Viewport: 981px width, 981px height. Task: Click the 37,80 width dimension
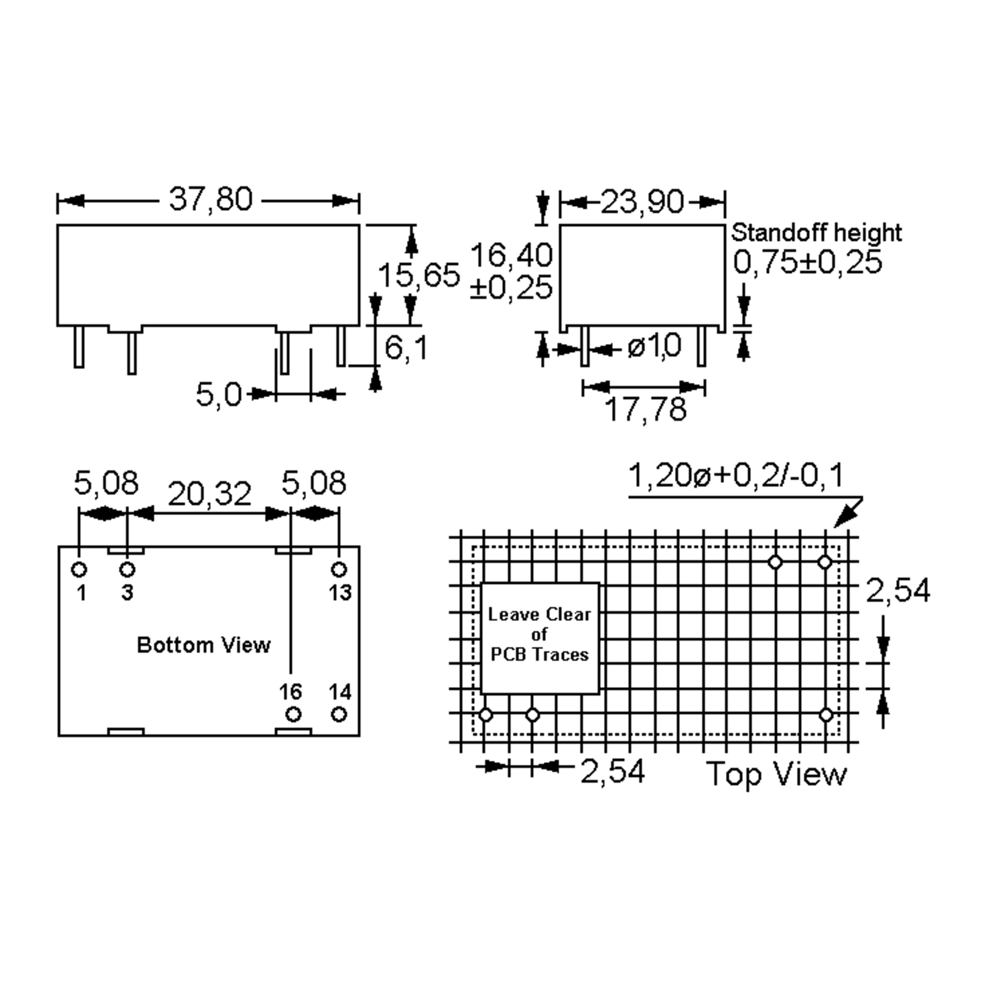[x=210, y=199]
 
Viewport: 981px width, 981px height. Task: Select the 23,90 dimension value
[x=642, y=202]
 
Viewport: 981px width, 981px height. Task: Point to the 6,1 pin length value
[x=406, y=348]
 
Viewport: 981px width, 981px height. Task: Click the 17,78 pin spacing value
[x=646, y=409]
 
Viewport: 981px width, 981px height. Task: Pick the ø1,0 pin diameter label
[x=654, y=347]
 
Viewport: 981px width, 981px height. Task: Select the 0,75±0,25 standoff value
[x=808, y=263]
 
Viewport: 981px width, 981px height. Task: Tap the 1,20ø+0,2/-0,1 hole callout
[x=736, y=476]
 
